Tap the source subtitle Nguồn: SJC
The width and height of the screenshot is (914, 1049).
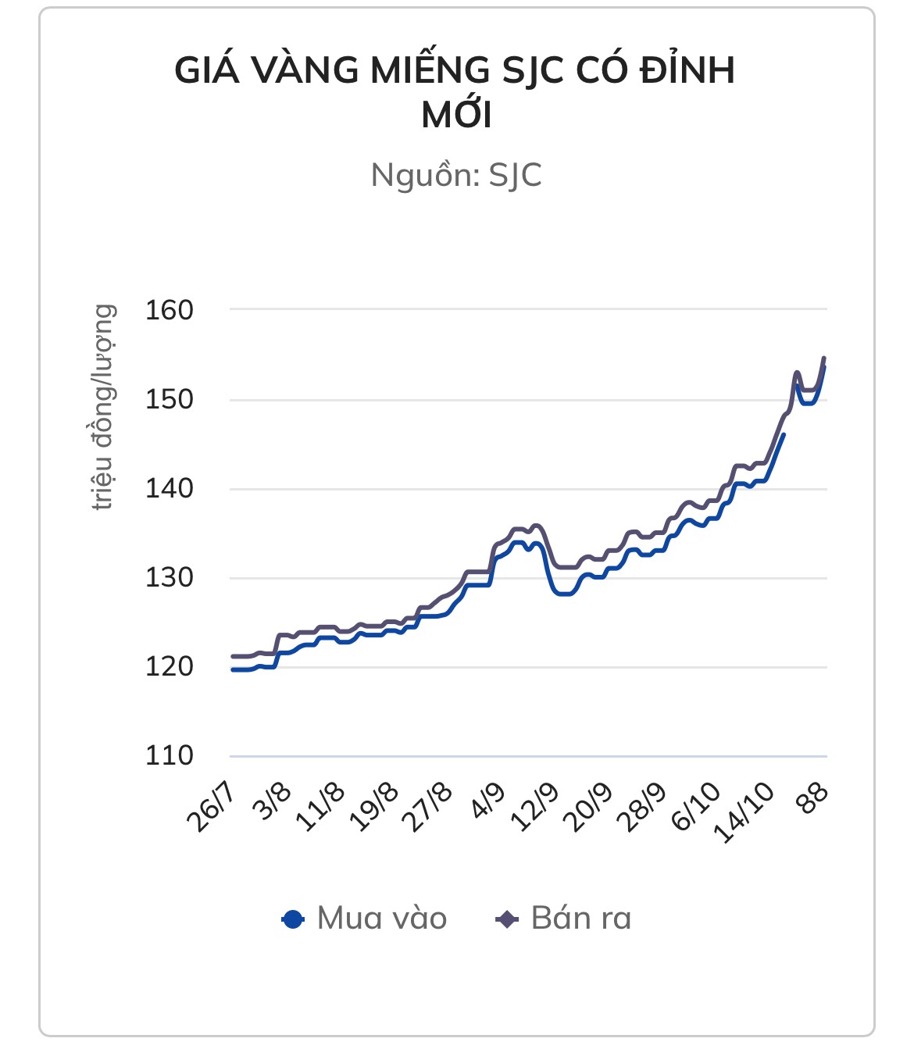pos(456,175)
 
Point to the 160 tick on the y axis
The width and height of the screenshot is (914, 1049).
pos(169,310)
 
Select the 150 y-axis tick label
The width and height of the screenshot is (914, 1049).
pos(169,399)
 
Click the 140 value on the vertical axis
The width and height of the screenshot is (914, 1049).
pos(169,489)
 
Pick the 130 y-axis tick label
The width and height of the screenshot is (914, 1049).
pos(169,578)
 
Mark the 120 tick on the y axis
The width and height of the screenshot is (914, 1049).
pos(169,667)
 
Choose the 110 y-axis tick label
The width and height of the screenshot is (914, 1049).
pos(169,756)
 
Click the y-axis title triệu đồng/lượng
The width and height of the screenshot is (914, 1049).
pos(103,407)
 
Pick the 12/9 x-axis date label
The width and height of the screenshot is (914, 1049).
pos(536,806)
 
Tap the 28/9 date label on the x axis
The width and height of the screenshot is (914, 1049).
pos(642,806)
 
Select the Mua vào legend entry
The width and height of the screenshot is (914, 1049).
pos(365,919)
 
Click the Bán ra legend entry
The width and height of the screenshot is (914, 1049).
pos(564,919)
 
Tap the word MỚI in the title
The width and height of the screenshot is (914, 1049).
pos(457,116)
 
